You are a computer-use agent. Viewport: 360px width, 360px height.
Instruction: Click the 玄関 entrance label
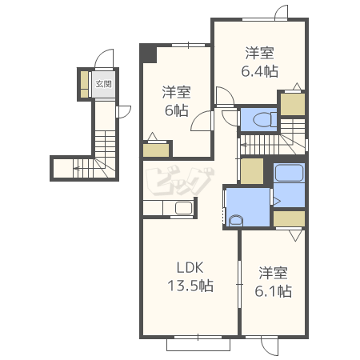tap(103, 84)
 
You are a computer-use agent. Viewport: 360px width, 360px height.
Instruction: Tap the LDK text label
tap(190, 267)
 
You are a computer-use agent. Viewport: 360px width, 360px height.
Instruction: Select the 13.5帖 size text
tap(190, 286)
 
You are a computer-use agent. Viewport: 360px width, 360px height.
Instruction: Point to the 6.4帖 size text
tap(259, 71)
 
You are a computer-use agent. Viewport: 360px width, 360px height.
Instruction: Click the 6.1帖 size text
tap(273, 291)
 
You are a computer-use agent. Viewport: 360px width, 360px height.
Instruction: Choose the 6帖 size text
tap(177, 110)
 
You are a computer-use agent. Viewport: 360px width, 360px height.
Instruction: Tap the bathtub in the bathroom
tap(289, 173)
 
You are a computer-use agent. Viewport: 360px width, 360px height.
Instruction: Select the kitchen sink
tap(184, 208)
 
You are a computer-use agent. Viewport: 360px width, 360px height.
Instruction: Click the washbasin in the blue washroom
tap(236, 221)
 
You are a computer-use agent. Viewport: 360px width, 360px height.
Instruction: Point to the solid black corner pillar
tap(148, 54)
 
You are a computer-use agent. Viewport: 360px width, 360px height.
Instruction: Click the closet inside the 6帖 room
tap(156, 150)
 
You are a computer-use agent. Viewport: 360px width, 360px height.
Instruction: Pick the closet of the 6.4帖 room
tap(293, 105)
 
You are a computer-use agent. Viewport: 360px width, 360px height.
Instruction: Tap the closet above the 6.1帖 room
tap(289, 218)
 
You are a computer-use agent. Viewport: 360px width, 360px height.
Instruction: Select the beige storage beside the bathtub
tap(252, 171)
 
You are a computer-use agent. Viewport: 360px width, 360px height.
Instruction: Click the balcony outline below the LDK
tap(198, 345)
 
